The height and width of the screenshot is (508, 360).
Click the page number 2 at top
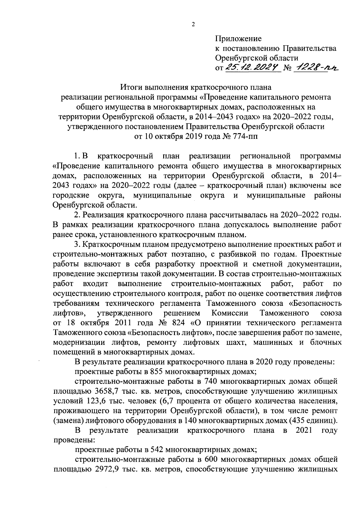(x=193, y=25)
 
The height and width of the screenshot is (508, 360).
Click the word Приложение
(x=238, y=39)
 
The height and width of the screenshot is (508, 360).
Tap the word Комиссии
(x=229, y=313)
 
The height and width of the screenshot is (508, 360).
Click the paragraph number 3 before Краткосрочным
(x=76, y=245)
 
